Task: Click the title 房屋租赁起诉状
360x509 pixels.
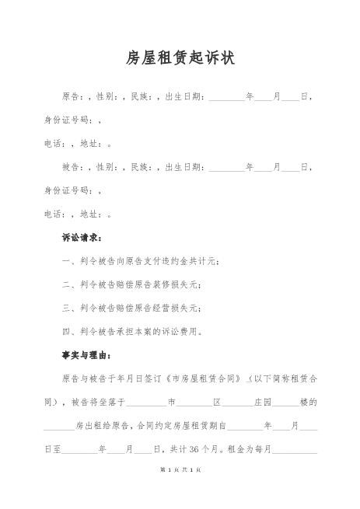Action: (x=180, y=58)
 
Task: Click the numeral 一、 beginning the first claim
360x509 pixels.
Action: (x=68, y=261)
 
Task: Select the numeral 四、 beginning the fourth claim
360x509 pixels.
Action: (x=68, y=331)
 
